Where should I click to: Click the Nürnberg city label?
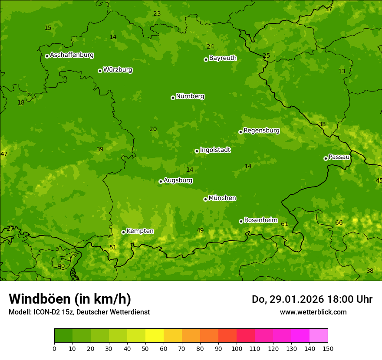coord(190,96)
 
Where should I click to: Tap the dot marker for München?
coord(205,199)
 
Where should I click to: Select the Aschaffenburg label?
coord(72,55)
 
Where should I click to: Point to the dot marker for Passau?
coord(326,158)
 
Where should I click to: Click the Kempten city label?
coord(140,231)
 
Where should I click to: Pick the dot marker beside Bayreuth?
coord(206,59)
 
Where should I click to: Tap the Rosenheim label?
coord(260,220)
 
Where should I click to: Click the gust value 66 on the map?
coord(339,223)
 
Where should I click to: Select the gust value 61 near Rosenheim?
coord(285,224)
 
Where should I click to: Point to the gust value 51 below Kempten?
coord(113,247)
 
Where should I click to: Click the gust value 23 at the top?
coord(157,13)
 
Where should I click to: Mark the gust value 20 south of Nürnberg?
coord(153,129)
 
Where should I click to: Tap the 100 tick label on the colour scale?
coord(237,348)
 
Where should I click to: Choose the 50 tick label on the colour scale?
coord(145,348)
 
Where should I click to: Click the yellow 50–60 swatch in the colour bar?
coord(155,336)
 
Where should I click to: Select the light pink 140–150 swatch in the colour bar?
coord(319,336)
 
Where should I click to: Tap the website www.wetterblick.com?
coord(313,312)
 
